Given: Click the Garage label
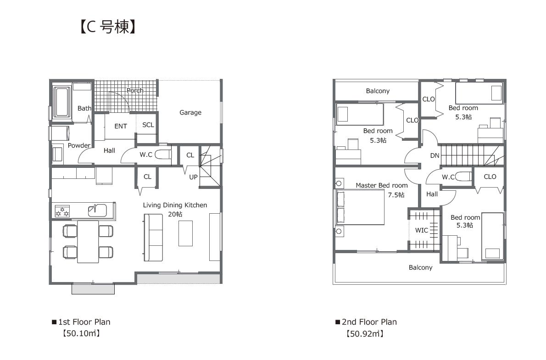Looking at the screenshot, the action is [x=190, y=112].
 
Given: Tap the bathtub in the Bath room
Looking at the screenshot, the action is [x=62, y=102].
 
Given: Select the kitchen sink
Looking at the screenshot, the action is [x=97, y=210].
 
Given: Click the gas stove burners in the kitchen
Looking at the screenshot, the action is [x=62, y=211].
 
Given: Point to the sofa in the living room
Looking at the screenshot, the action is [x=153, y=238].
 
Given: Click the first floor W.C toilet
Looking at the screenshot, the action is [x=163, y=154].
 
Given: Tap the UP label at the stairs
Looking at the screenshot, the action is [x=193, y=177].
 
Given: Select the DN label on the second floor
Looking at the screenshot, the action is [x=435, y=155].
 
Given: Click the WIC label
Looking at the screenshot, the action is [x=421, y=230].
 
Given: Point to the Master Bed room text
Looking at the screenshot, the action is [x=382, y=186].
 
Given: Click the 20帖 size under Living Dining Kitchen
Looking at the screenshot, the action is [x=175, y=214].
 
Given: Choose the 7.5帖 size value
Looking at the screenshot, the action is [x=396, y=195].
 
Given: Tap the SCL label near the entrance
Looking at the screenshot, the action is [x=148, y=125].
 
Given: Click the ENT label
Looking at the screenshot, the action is [x=121, y=126].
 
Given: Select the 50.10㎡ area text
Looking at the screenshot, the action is [x=81, y=333].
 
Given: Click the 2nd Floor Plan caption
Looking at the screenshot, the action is [x=369, y=322].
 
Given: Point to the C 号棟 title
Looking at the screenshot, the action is [x=108, y=27].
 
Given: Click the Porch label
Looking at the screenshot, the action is [x=135, y=90].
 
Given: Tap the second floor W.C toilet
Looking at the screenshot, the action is [x=463, y=177].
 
